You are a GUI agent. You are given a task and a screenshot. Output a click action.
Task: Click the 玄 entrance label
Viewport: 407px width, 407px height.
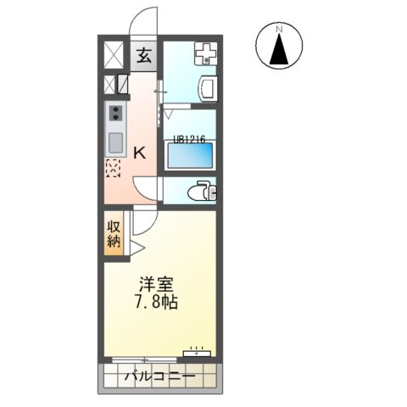click(145, 57)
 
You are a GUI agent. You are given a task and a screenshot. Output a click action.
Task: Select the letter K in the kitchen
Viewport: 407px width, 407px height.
click(140, 153)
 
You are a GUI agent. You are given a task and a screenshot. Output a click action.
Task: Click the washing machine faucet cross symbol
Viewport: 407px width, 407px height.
click(204, 54)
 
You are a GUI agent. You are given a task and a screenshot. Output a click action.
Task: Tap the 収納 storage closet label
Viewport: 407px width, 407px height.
click(114, 233)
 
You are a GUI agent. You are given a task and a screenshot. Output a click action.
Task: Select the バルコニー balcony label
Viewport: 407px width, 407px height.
click(161, 376)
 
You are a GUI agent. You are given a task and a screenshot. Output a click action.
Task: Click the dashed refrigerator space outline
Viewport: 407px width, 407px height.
click(114, 168)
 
